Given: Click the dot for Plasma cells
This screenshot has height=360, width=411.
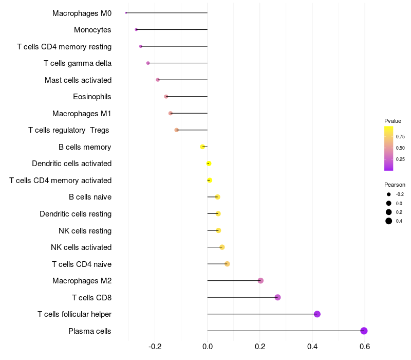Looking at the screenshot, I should (x=364, y=331).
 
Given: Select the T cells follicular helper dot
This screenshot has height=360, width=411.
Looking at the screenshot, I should (x=317, y=314).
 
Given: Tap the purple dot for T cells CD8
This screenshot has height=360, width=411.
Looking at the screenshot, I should (x=277, y=297).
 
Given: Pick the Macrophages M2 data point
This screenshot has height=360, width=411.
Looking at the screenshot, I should (x=260, y=281).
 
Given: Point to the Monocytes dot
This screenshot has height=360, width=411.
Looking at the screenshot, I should (x=136, y=30).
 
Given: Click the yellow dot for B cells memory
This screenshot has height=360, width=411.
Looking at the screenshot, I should (x=202, y=147).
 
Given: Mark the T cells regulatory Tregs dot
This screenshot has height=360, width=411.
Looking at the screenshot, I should (x=177, y=130).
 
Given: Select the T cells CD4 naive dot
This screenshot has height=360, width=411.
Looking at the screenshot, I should (x=227, y=264).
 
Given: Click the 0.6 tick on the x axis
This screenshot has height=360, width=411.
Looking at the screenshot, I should (x=365, y=347).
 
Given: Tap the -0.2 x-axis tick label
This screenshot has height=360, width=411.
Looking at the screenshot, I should (x=155, y=347).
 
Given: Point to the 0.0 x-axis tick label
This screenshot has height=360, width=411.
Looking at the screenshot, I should (x=208, y=347).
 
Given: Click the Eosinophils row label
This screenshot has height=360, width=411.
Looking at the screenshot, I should (x=92, y=97).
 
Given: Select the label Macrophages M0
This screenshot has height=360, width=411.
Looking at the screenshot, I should (x=82, y=13).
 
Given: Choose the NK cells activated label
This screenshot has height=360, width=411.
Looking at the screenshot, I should (x=81, y=247).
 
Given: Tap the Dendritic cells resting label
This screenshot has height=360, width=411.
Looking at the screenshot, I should (x=76, y=214).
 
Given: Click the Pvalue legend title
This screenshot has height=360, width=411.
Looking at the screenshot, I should (x=393, y=121).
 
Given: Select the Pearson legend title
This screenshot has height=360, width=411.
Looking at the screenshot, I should (x=395, y=185).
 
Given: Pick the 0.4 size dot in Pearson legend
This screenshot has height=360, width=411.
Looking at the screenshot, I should (x=389, y=221).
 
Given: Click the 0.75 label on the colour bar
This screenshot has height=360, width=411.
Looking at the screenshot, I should (x=400, y=136).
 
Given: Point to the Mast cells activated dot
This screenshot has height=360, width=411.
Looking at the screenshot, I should (x=158, y=80).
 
